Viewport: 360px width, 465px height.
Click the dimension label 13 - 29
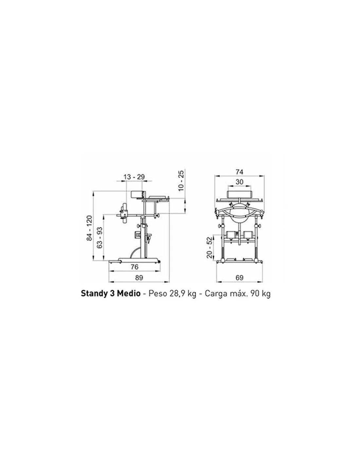pos(134,177)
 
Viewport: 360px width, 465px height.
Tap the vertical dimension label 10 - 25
pos(181,180)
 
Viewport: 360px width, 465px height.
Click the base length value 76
pos(135,267)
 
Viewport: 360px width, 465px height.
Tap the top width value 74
pos(240,172)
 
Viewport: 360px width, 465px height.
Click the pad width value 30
pos(239,182)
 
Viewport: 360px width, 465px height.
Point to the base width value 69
pos(240,278)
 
